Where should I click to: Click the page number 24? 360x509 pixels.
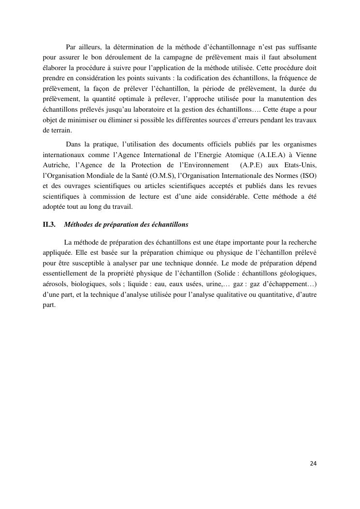click(x=313, y=464)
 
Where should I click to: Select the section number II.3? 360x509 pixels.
click(x=49, y=225)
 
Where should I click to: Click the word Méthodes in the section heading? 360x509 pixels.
click(x=78, y=225)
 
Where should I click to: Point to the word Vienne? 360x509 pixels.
click(x=303, y=154)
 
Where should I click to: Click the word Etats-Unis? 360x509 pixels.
click(x=299, y=164)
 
